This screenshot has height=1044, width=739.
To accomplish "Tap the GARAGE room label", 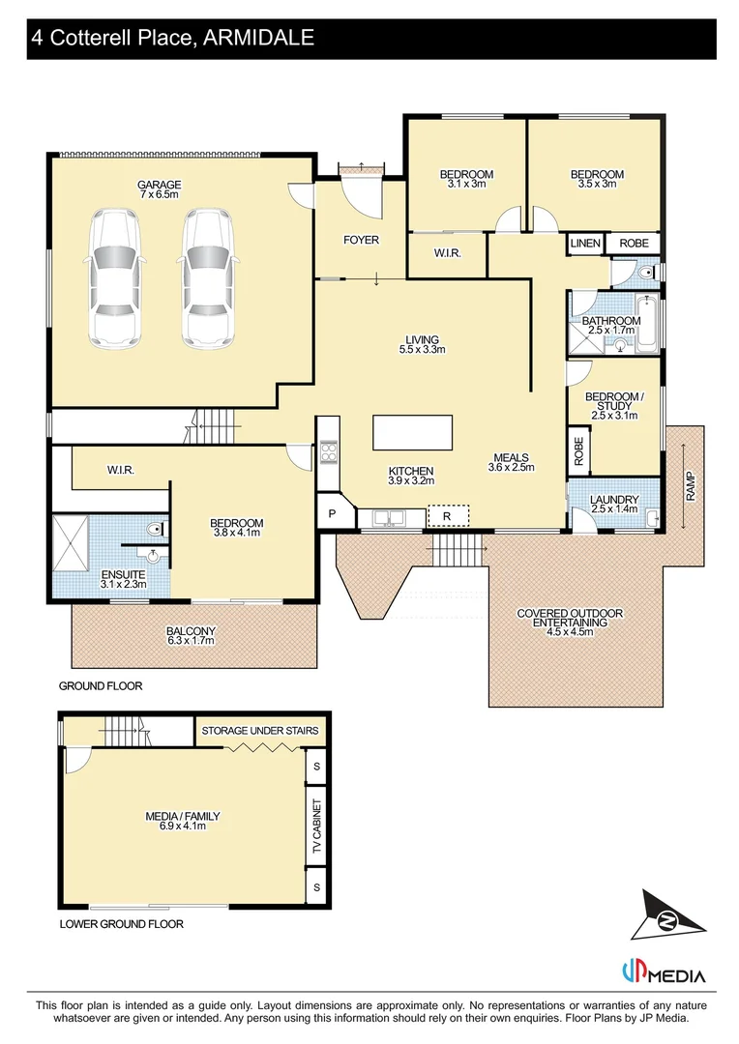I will point(159,185).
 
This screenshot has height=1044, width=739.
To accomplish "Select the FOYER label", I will point(362,240).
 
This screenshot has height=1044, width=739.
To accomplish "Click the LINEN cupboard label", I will point(585,244).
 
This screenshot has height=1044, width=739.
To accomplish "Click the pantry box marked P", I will point(334,513).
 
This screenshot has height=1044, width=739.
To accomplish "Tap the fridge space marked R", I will point(447,516).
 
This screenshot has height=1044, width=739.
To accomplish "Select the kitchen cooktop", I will point(328,451).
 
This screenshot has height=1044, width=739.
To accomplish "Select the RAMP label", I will point(690,486).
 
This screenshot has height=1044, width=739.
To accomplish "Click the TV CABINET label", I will point(315,826).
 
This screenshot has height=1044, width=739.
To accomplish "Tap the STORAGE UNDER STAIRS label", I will point(259,731).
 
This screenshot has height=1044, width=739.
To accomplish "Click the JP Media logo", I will point(663,973).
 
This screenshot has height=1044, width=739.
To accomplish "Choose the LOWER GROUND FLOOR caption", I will point(121,924).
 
